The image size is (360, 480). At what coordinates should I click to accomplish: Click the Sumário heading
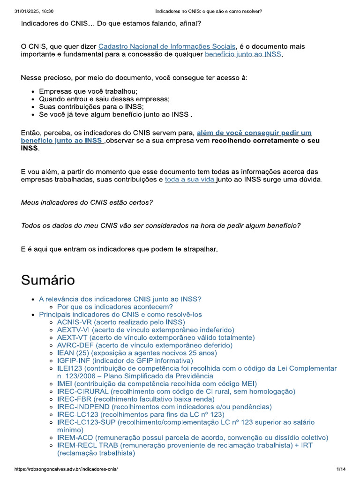pyautogui.click(x=48, y=280)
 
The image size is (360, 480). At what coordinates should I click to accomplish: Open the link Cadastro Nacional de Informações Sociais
pyautogui.click(x=167, y=46)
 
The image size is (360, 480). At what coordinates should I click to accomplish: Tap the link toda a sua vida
pyautogui.click(x=190, y=179)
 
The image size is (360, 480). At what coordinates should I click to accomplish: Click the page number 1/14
pyautogui.click(x=341, y=469)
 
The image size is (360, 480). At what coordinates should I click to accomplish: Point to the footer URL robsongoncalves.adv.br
pyautogui.click(x=66, y=469)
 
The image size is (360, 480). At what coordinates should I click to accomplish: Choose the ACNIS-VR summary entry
pyautogui.click(x=121, y=322)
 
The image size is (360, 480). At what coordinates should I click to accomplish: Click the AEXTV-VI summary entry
pyautogui.click(x=145, y=330)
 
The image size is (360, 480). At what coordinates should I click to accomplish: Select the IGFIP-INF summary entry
pyautogui.click(x=125, y=360)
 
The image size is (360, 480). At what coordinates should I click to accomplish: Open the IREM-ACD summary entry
pyautogui.click(x=192, y=437)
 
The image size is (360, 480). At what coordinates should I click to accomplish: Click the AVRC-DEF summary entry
pyautogui.click(x=144, y=345)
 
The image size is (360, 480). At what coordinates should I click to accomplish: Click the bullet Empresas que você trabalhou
pyautogui.click(x=88, y=91)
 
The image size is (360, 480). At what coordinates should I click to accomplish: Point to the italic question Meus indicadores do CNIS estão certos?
pyautogui.click(x=87, y=202)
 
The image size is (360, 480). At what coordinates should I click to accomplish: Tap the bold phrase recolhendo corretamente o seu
pyautogui.click(x=265, y=141)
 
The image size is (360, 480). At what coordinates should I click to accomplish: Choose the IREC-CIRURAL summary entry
pyautogui.click(x=176, y=391)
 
